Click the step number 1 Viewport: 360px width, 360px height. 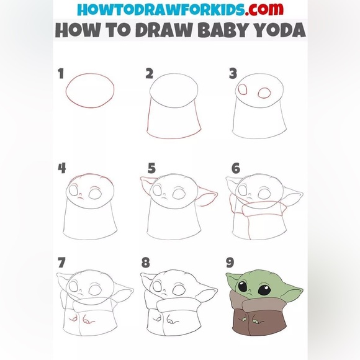click(61, 73)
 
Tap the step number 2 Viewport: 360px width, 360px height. click(149, 74)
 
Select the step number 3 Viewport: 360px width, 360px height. click(233, 73)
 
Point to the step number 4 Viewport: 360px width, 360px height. click(62, 168)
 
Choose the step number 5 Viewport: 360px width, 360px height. click(151, 168)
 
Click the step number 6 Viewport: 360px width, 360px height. click(236, 168)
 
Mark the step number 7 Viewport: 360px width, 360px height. click(61, 263)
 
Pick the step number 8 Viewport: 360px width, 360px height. click(146, 263)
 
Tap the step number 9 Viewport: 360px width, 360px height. click(230, 263)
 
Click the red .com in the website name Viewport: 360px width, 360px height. click(264, 9)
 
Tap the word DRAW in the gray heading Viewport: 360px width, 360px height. click(164, 30)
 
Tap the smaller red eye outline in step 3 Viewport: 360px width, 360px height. click(243, 89)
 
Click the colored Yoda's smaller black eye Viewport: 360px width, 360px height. click(243, 287)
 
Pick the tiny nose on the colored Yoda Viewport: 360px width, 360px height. click(250, 294)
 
